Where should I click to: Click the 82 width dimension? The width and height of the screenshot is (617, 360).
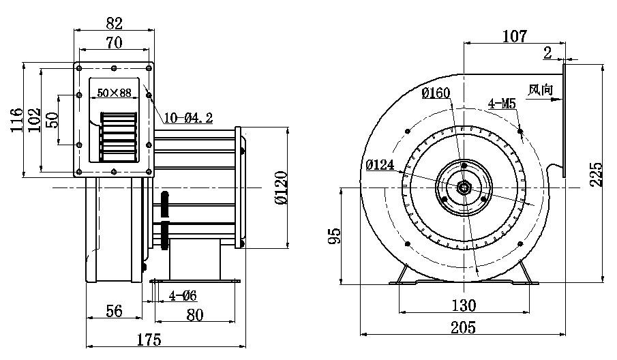tap(114, 22)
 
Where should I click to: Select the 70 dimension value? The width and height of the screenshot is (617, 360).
tap(114, 43)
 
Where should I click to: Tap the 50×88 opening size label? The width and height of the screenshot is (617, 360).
tap(114, 93)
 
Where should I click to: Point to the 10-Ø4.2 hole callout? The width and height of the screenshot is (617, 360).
tap(188, 118)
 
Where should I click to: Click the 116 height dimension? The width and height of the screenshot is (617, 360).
tap(16, 121)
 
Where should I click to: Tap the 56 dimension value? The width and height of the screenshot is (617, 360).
tap(114, 312)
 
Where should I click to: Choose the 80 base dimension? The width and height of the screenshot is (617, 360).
tap(195, 315)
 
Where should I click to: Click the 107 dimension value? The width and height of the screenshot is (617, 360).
tap(514, 36)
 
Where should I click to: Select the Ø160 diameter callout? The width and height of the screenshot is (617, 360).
tap(435, 93)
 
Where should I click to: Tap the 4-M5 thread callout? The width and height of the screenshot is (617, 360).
tap(501, 104)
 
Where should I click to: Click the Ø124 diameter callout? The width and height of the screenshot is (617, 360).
tap(380, 164)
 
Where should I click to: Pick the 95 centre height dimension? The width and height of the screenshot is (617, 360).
tap(333, 236)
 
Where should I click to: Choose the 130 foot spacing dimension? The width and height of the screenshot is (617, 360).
tap(464, 304)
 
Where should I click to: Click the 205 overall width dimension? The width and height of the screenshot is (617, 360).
tap(462, 327)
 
